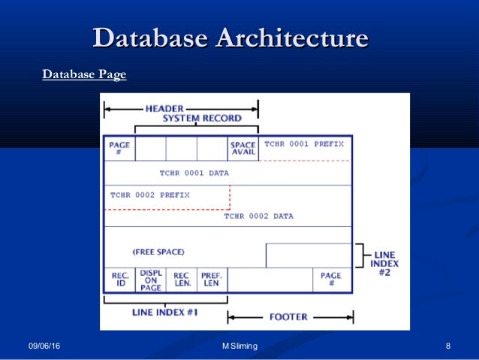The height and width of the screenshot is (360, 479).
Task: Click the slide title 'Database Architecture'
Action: coord(230,39)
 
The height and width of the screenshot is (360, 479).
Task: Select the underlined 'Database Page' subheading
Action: coord(84,74)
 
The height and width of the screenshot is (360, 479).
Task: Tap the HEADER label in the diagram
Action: coord(164,108)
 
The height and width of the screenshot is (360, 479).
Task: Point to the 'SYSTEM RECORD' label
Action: coord(202,118)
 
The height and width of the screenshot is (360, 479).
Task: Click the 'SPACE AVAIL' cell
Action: coord(243,149)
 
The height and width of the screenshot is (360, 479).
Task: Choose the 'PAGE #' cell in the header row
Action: coord(119,149)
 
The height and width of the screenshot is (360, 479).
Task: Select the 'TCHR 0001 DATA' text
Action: coord(194,173)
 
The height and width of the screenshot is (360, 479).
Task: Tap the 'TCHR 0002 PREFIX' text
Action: coord(150,195)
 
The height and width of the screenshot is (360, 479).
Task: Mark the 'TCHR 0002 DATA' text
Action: coord(259,216)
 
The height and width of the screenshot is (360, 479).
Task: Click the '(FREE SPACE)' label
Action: coord(158,251)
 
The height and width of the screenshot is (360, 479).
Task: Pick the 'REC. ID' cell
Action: coord(119,280)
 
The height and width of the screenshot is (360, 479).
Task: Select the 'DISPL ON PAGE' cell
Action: coord(150,280)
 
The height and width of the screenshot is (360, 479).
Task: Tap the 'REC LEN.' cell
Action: coord(181,280)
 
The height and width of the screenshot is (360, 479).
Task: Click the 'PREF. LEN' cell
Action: coord(212,280)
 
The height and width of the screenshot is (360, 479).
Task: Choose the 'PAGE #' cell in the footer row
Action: coord(331,280)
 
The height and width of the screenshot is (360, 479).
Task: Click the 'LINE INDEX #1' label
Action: coord(164,312)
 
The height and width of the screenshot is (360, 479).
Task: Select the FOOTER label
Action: coord(288,317)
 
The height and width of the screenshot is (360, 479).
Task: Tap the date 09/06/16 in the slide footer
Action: coord(44,346)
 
